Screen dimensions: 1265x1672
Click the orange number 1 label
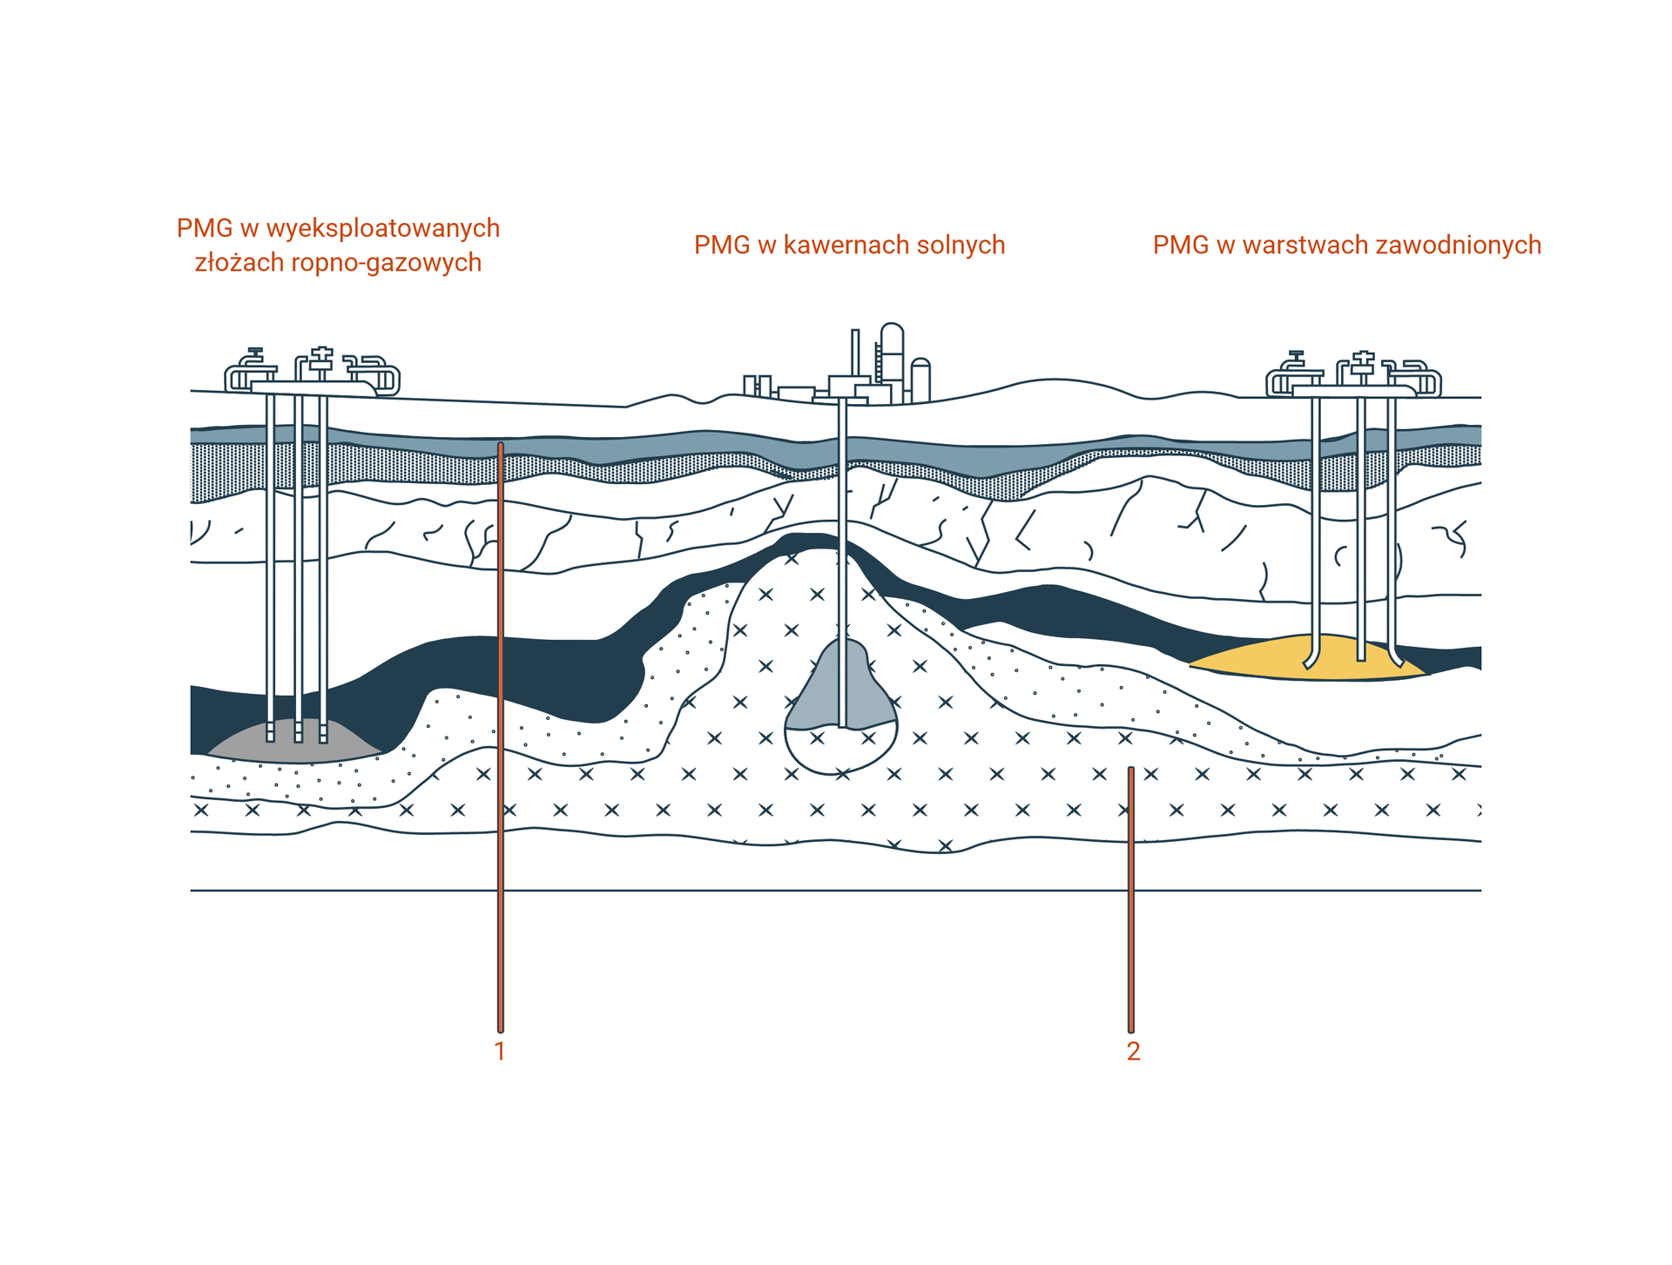500,1052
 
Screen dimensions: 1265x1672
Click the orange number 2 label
1133,1052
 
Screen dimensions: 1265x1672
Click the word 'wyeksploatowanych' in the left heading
382,228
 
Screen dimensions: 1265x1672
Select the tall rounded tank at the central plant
892,357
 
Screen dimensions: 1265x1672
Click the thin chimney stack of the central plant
855,353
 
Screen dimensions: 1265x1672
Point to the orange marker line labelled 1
501,740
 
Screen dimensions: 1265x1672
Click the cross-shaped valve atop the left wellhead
321,355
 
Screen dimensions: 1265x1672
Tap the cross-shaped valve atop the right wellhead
1362,359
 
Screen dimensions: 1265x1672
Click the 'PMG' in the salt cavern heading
722,246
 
